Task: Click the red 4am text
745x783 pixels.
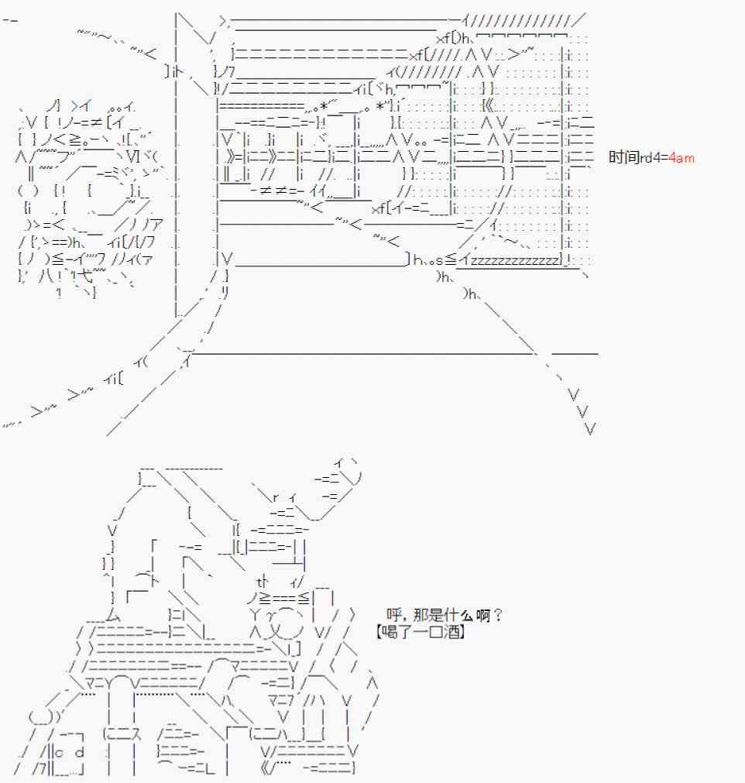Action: [x=681, y=158]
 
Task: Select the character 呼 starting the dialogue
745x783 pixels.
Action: [x=393, y=615]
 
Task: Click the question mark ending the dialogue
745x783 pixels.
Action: [x=497, y=615]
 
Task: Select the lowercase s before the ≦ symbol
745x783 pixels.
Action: [x=439, y=261]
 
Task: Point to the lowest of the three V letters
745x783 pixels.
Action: [x=589, y=428]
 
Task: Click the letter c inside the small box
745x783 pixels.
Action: [x=60, y=753]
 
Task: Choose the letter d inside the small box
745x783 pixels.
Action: [x=80, y=751]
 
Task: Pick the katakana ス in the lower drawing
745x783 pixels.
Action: [x=135, y=734]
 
